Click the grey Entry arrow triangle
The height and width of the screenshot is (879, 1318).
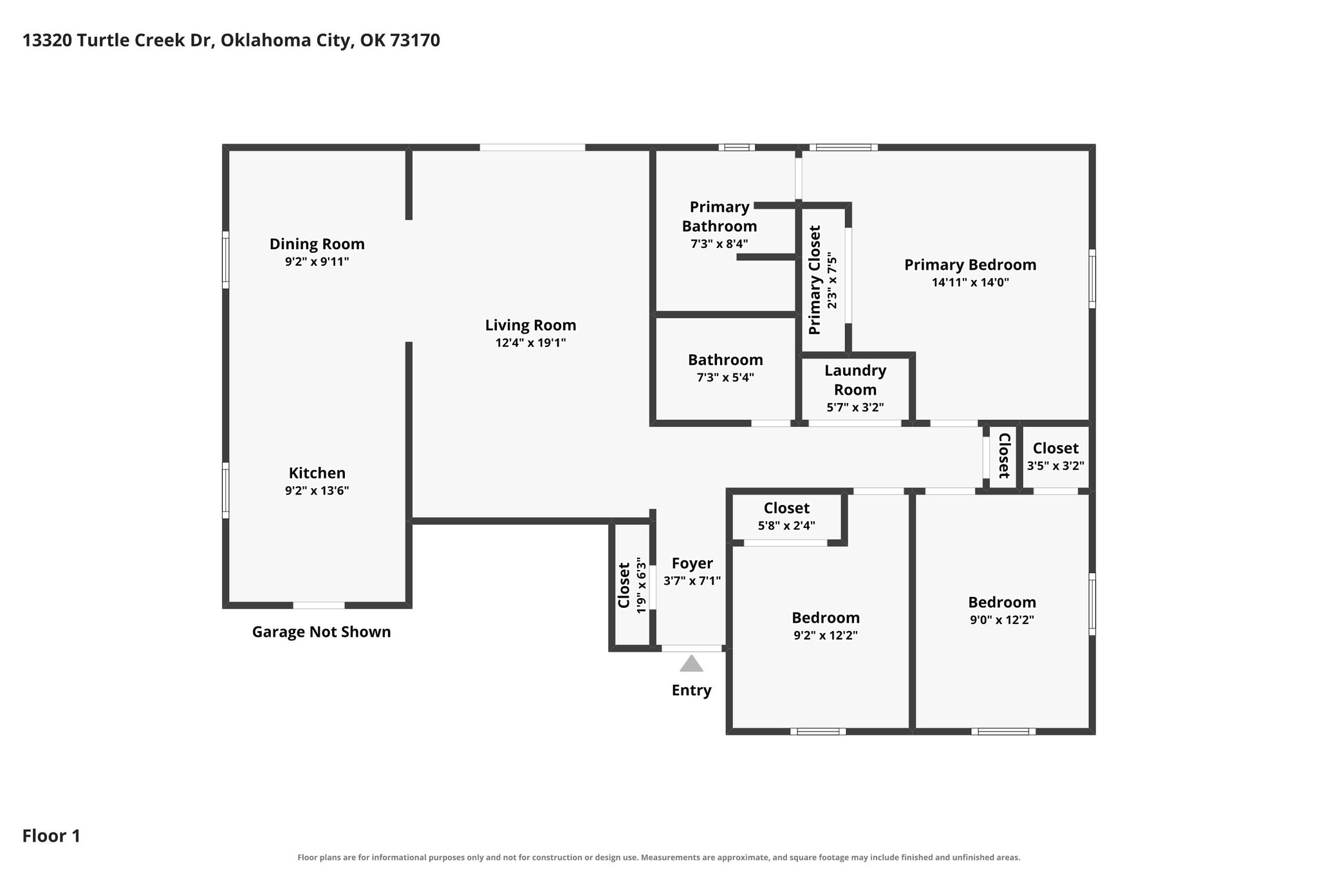point(691,664)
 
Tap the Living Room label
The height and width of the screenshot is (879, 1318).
point(530,325)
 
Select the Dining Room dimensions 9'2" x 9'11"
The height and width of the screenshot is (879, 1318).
point(317,261)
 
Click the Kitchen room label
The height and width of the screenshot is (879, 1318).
point(317,473)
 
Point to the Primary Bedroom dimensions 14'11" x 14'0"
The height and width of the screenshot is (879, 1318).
point(970,282)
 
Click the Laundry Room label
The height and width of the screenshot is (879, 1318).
point(855,380)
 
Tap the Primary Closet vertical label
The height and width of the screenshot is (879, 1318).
point(815,280)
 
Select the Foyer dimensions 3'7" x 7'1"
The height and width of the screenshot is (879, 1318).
point(692,580)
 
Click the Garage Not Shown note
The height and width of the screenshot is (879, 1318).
point(321,632)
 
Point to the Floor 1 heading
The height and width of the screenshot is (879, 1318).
point(51,836)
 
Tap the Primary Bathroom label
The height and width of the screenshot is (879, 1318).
point(719,216)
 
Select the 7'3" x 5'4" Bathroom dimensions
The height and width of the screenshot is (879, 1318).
point(725,377)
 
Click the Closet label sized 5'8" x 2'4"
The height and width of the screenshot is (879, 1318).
point(786,508)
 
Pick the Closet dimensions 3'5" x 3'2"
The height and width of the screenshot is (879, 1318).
point(1055,466)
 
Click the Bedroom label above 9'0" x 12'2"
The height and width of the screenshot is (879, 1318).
point(1002,602)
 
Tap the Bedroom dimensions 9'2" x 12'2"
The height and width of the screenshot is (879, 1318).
point(826,635)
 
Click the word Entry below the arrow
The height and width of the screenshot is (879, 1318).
point(691,690)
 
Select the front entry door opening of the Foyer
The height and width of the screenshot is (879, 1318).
point(692,648)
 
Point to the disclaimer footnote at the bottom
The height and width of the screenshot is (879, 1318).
point(659,857)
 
